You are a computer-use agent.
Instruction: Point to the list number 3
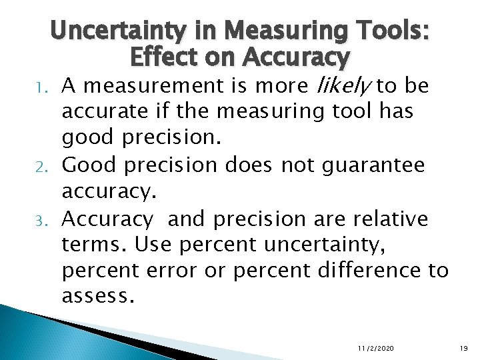[x=50, y=219]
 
